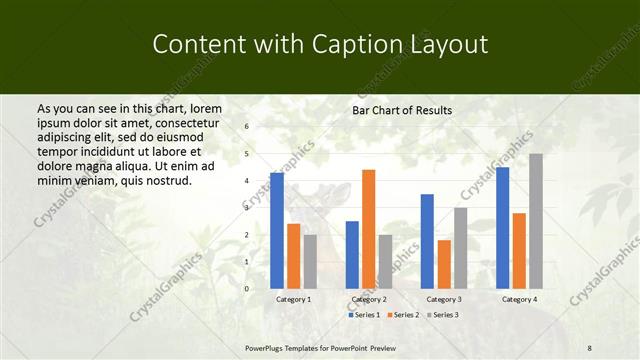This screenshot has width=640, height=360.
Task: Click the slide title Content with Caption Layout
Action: [x=320, y=45]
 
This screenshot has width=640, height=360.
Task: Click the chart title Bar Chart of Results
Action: [x=402, y=110]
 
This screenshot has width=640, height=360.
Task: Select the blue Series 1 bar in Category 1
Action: [x=276, y=230]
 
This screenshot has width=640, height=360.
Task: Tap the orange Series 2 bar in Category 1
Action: [x=293, y=256]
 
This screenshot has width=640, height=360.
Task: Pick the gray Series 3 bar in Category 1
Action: [x=310, y=261]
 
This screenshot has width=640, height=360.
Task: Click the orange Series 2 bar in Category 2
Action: [x=368, y=229]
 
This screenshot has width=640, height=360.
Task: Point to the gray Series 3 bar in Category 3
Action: [x=460, y=248]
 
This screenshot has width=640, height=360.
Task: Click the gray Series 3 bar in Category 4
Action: [x=536, y=221]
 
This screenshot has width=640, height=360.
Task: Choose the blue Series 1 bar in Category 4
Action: [x=502, y=228]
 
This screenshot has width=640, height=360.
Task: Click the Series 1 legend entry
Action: [x=363, y=315]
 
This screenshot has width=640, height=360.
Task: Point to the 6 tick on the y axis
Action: [x=247, y=127]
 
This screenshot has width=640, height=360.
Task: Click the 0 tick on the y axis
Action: [x=247, y=288]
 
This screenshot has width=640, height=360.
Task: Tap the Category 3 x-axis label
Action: [x=444, y=299]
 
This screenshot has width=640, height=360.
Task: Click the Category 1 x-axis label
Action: [x=293, y=299]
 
